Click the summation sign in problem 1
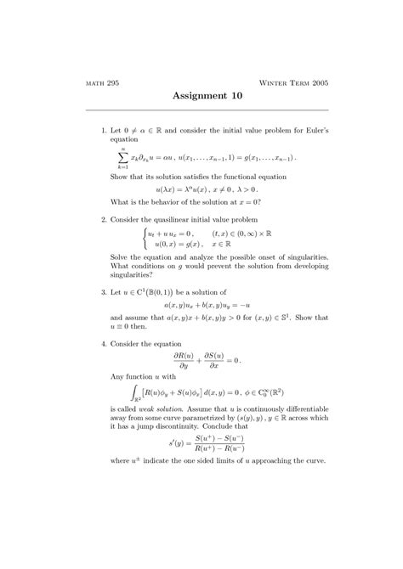click(124, 157)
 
